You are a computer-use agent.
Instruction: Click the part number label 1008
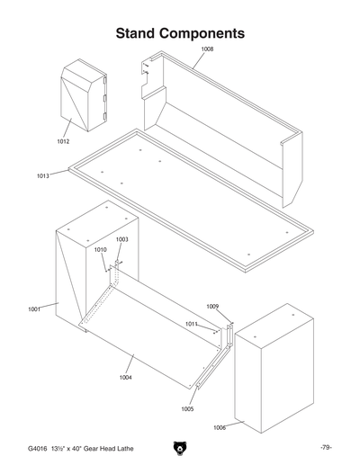coord(207,49)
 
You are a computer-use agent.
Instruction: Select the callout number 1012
coord(63,141)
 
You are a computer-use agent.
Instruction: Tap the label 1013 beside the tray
coord(42,176)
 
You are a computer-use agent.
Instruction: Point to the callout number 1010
coord(100,250)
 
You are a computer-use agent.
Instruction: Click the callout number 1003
coord(122,239)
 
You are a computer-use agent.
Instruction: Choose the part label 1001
coord(34,309)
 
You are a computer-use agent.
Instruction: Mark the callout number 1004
coord(126,377)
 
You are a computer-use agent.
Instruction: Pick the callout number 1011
coord(192,323)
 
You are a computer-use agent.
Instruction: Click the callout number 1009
coord(212,307)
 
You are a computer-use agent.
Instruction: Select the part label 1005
coord(187,408)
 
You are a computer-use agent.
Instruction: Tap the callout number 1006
coord(219,427)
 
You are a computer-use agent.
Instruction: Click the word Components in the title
coord(209,33)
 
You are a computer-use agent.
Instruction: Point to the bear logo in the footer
coord(180,448)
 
